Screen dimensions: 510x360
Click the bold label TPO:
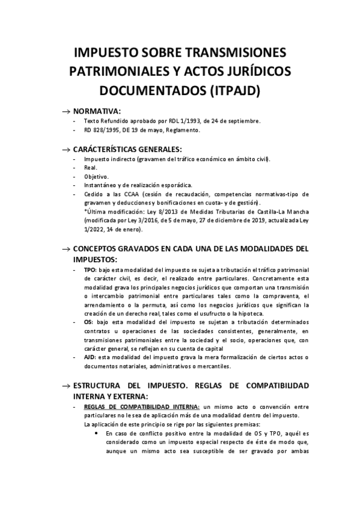point(91,271)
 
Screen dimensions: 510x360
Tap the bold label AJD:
point(91,357)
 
